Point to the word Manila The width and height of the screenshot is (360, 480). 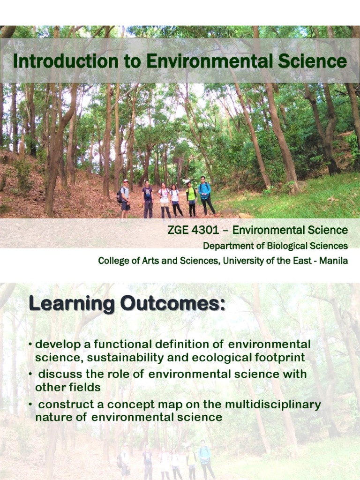click(x=333, y=261)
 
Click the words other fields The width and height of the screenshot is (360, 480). click(x=68, y=388)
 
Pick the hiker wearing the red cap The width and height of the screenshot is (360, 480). click(x=125, y=197)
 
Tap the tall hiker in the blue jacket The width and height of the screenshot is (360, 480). click(x=205, y=195)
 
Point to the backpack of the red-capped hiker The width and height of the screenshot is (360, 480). click(x=120, y=195)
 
